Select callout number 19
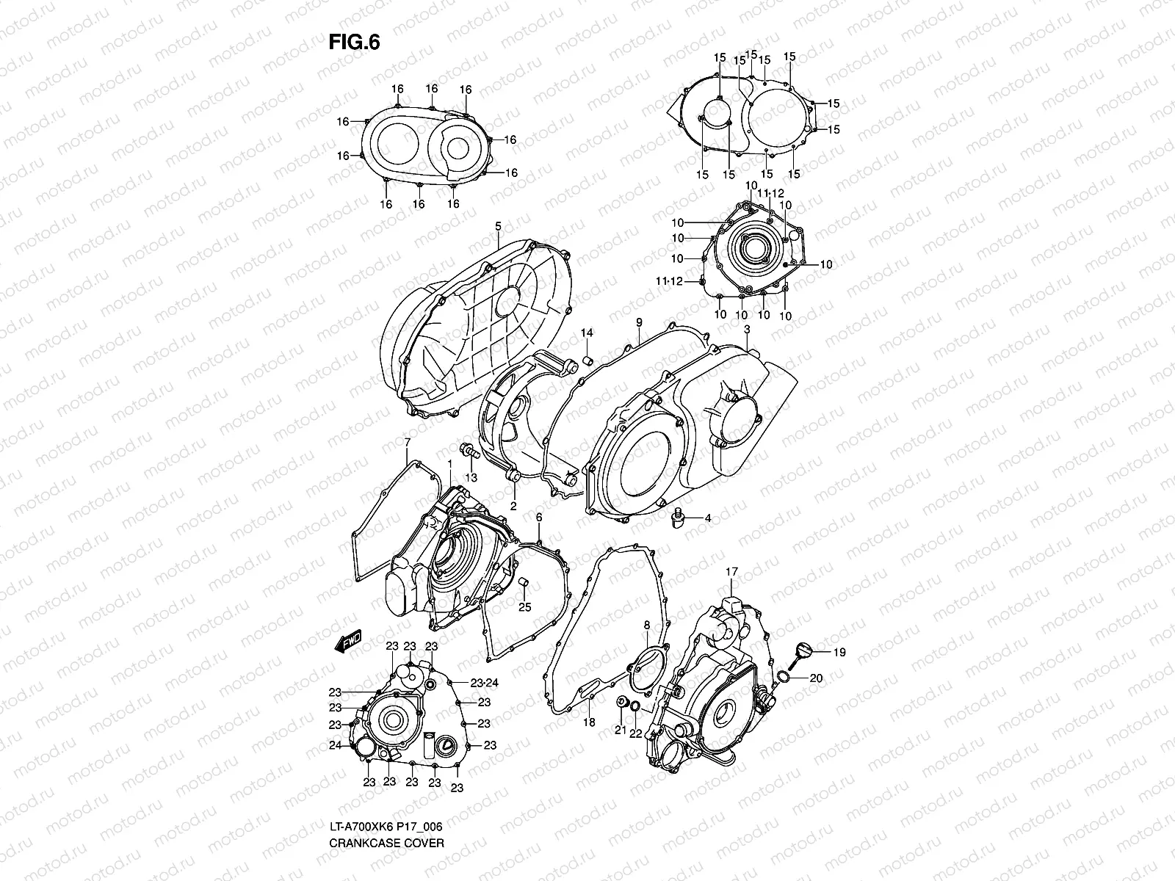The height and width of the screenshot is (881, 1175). (819, 652)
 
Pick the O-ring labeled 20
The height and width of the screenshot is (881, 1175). (784, 677)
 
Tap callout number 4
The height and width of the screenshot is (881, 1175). (707, 518)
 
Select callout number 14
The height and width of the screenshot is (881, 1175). (587, 333)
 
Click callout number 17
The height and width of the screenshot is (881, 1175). (731, 571)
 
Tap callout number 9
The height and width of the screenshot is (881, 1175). (639, 322)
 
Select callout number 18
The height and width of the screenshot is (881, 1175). (588, 722)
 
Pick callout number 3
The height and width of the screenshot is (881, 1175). (746, 330)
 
